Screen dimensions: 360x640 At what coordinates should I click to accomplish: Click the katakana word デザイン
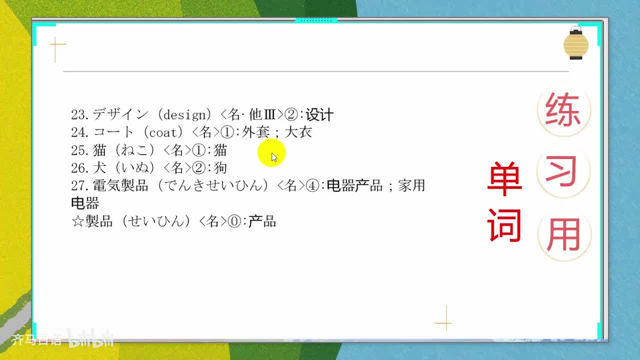[x=120, y=115]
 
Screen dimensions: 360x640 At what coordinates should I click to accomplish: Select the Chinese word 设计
[x=319, y=115]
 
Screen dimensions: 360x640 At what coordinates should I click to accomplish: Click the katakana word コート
[x=113, y=132]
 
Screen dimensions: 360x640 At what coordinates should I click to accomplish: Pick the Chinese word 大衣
[x=298, y=132]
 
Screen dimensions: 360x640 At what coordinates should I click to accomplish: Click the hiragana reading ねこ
[x=135, y=150]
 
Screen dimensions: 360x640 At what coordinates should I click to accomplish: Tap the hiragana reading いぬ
[x=135, y=167]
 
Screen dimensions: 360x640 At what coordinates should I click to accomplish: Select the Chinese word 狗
[x=220, y=167]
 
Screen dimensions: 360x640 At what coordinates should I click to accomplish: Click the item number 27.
[x=80, y=185]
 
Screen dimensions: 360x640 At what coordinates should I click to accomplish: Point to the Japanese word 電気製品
[x=120, y=185]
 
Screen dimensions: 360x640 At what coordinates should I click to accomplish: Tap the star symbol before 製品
[x=77, y=221]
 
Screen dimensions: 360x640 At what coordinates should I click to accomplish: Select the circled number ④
[x=312, y=185]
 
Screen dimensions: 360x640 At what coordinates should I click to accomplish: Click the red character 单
[x=504, y=179]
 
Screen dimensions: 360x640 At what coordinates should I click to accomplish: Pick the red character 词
[x=504, y=225]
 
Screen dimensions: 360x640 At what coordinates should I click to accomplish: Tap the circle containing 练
[x=563, y=109]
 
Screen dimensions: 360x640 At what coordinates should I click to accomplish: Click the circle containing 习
[x=563, y=171]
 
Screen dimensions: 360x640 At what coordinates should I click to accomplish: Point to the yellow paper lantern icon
[x=576, y=44]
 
